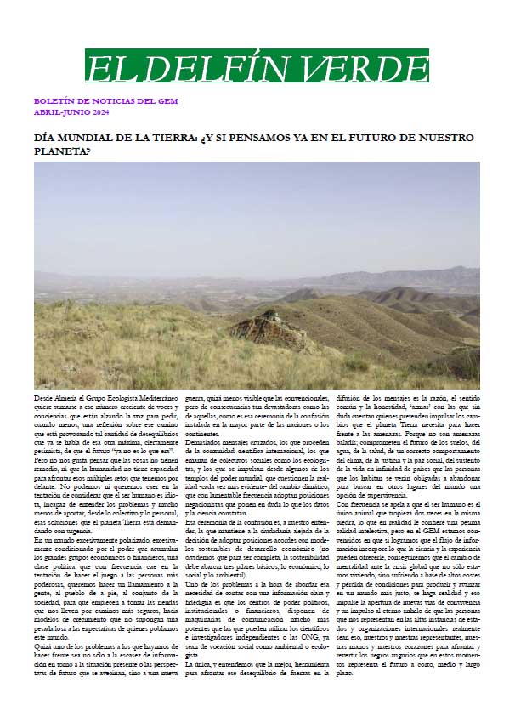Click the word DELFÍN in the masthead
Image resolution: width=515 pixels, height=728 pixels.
click(224, 66)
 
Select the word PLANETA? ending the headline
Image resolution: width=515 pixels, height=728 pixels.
click(61, 151)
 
